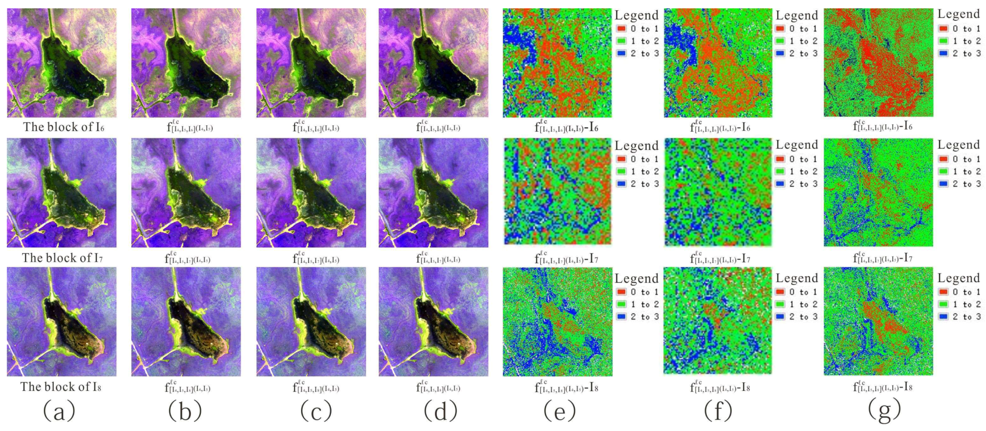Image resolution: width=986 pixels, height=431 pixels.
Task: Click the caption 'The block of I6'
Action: tap(63, 127)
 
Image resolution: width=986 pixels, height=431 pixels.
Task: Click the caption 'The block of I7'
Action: tap(62, 258)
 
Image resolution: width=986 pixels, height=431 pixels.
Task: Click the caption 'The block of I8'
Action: tap(61, 387)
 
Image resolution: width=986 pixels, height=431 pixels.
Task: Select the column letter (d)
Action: tap(440, 411)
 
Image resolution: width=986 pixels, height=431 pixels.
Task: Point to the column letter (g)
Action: tap(884, 411)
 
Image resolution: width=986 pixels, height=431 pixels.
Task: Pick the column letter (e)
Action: tap(559, 411)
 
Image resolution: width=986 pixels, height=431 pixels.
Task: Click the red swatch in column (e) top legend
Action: tap(621, 29)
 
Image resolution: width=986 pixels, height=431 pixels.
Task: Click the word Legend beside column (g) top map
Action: tap(958, 14)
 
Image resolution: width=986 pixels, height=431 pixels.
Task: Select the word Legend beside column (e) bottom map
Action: tap(636, 279)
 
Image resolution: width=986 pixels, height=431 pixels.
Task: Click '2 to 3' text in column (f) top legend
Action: tap(804, 53)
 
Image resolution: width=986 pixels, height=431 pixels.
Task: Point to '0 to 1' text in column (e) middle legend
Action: tap(645, 159)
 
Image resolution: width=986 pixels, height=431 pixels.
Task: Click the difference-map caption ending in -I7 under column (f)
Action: tap(720, 259)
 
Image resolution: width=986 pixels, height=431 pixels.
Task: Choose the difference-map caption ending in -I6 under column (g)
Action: tap(882, 126)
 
